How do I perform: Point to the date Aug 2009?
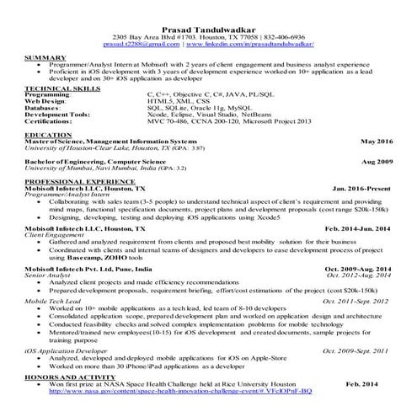(x=377, y=160)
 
